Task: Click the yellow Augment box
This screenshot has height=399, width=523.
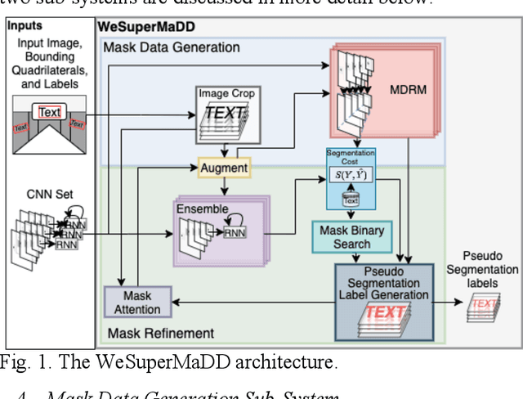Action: (x=223, y=168)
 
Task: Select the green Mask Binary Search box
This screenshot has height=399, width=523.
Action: (x=351, y=237)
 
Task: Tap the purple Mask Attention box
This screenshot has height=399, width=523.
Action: (x=137, y=303)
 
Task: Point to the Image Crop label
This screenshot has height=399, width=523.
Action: (x=226, y=94)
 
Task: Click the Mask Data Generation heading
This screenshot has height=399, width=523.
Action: (x=171, y=47)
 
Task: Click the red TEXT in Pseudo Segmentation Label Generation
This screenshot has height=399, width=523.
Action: (x=385, y=312)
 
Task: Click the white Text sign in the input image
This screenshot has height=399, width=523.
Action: (x=50, y=112)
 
